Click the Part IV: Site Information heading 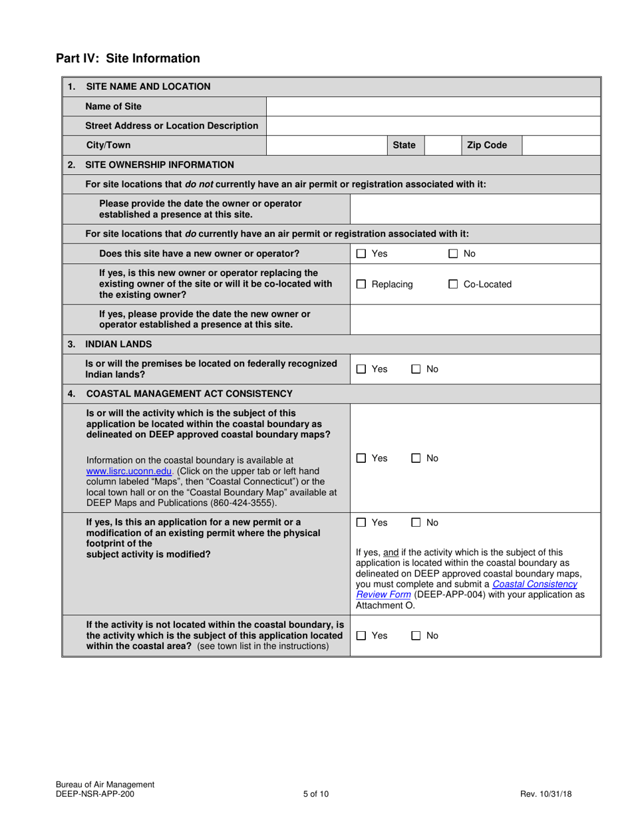click(128, 59)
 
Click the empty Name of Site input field click(433, 106)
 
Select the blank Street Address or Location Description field click(433, 126)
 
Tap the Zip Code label click(486, 145)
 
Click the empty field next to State click(440, 145)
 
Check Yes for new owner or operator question click(361, 253)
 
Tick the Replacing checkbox click(361, 285)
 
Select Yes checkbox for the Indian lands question click(361, 369)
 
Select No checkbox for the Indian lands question click(416, 369)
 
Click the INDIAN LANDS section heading click(118, 344)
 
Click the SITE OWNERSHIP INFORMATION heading click(160, 164)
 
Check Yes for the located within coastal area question click(361, 636)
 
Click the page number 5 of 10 click(315, 793)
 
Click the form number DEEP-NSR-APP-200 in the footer click(98, 793)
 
